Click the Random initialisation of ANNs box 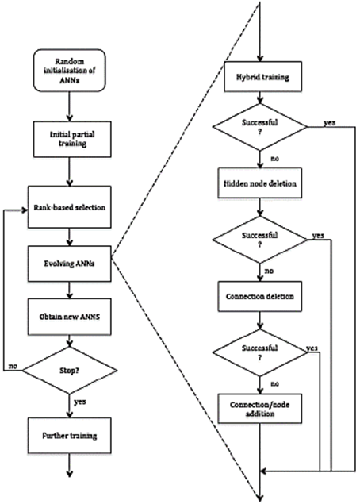pos(69,71)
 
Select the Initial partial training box pos(72,139)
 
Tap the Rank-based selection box pos(69,207)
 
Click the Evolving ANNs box pos(69,264)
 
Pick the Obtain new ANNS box pos(69,317)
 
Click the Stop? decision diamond pos(69,371)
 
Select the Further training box pos(69,436)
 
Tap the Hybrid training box pos(262,77)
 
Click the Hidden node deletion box pos(260,183)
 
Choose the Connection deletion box pos(260,296)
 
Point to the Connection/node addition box pos(260,408)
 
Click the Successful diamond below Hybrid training pos(260,127)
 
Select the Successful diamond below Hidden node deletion pos(260,240)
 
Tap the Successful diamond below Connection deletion pos(260,352)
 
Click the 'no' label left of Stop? pos(13,367)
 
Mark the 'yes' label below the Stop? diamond pos(80,402)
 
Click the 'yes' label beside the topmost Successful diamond pos(330,122)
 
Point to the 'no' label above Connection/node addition pos(275,384)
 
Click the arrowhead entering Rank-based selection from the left pos(25,210)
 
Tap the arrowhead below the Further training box pos(69,474)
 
